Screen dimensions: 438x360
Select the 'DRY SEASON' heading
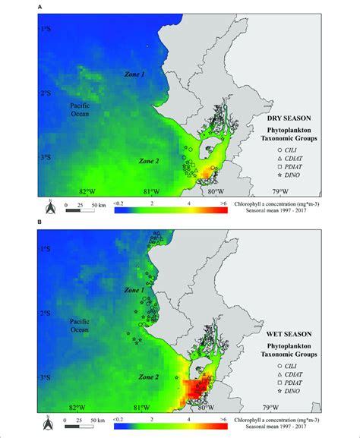pos(307,118)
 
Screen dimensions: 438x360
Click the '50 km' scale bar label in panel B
pos(98,420)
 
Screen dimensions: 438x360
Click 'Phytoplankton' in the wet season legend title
pos(307,345)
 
